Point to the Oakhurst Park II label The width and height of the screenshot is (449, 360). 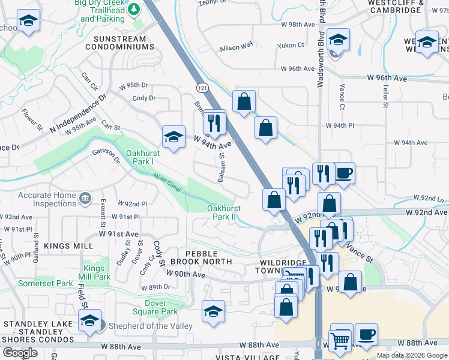(x=223, y=212)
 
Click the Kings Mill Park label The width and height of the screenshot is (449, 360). (x=97, y=272)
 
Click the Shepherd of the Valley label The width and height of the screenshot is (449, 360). (x=146, y=326)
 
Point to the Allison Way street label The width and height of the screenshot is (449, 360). (x=237, y=47)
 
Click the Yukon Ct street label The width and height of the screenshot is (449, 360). (x=291, y=45)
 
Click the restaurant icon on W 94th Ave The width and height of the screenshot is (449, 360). (x=214, y=122)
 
